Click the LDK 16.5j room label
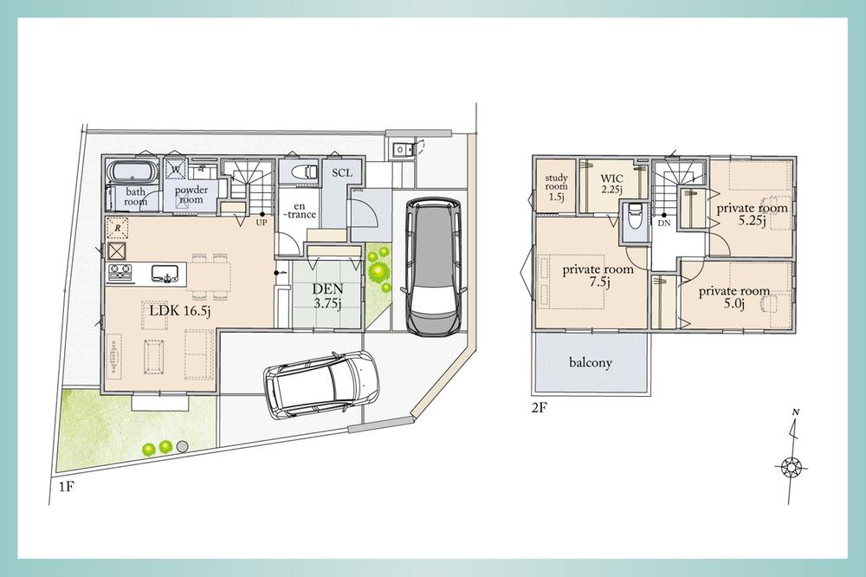click(x=180, y=311)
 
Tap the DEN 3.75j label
click(x=327, y=295)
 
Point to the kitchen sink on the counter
click(x=165, y=272)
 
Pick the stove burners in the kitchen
click(x=120, y=271)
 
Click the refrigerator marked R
click(x=118, y=228)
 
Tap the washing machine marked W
click(x=176, y=169)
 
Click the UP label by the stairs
click(x=262, y=223)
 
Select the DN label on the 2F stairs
click(x=664, y=223)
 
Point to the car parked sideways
click(x=321, y=384)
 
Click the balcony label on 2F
click(x=591, y=362)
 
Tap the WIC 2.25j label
click(x=612, y=184)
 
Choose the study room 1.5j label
click(x=556, y=188)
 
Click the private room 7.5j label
click(x=598, y=276)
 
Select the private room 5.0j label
click(x=734, y=297)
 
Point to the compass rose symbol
click(x=792, y=468)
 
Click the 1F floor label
click(x=67, y=488)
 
